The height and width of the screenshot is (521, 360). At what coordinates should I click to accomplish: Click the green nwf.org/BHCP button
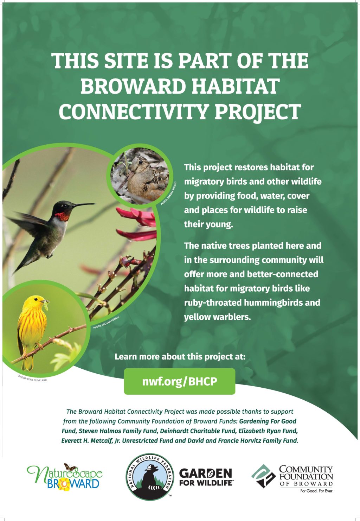tap(179, 381)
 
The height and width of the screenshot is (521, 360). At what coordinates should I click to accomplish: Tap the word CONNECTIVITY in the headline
tap(134, 112)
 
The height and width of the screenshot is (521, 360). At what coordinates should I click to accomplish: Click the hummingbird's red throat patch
tap(62, 216)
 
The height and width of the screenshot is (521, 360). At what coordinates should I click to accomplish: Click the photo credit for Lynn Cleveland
tap(32, 379)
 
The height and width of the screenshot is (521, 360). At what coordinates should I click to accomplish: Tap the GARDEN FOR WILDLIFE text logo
tap(206, 477)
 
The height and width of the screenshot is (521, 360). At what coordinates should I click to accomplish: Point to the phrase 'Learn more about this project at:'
tap(180, 356)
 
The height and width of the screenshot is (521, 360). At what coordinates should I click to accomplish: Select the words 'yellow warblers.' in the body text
tap(217, 317)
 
